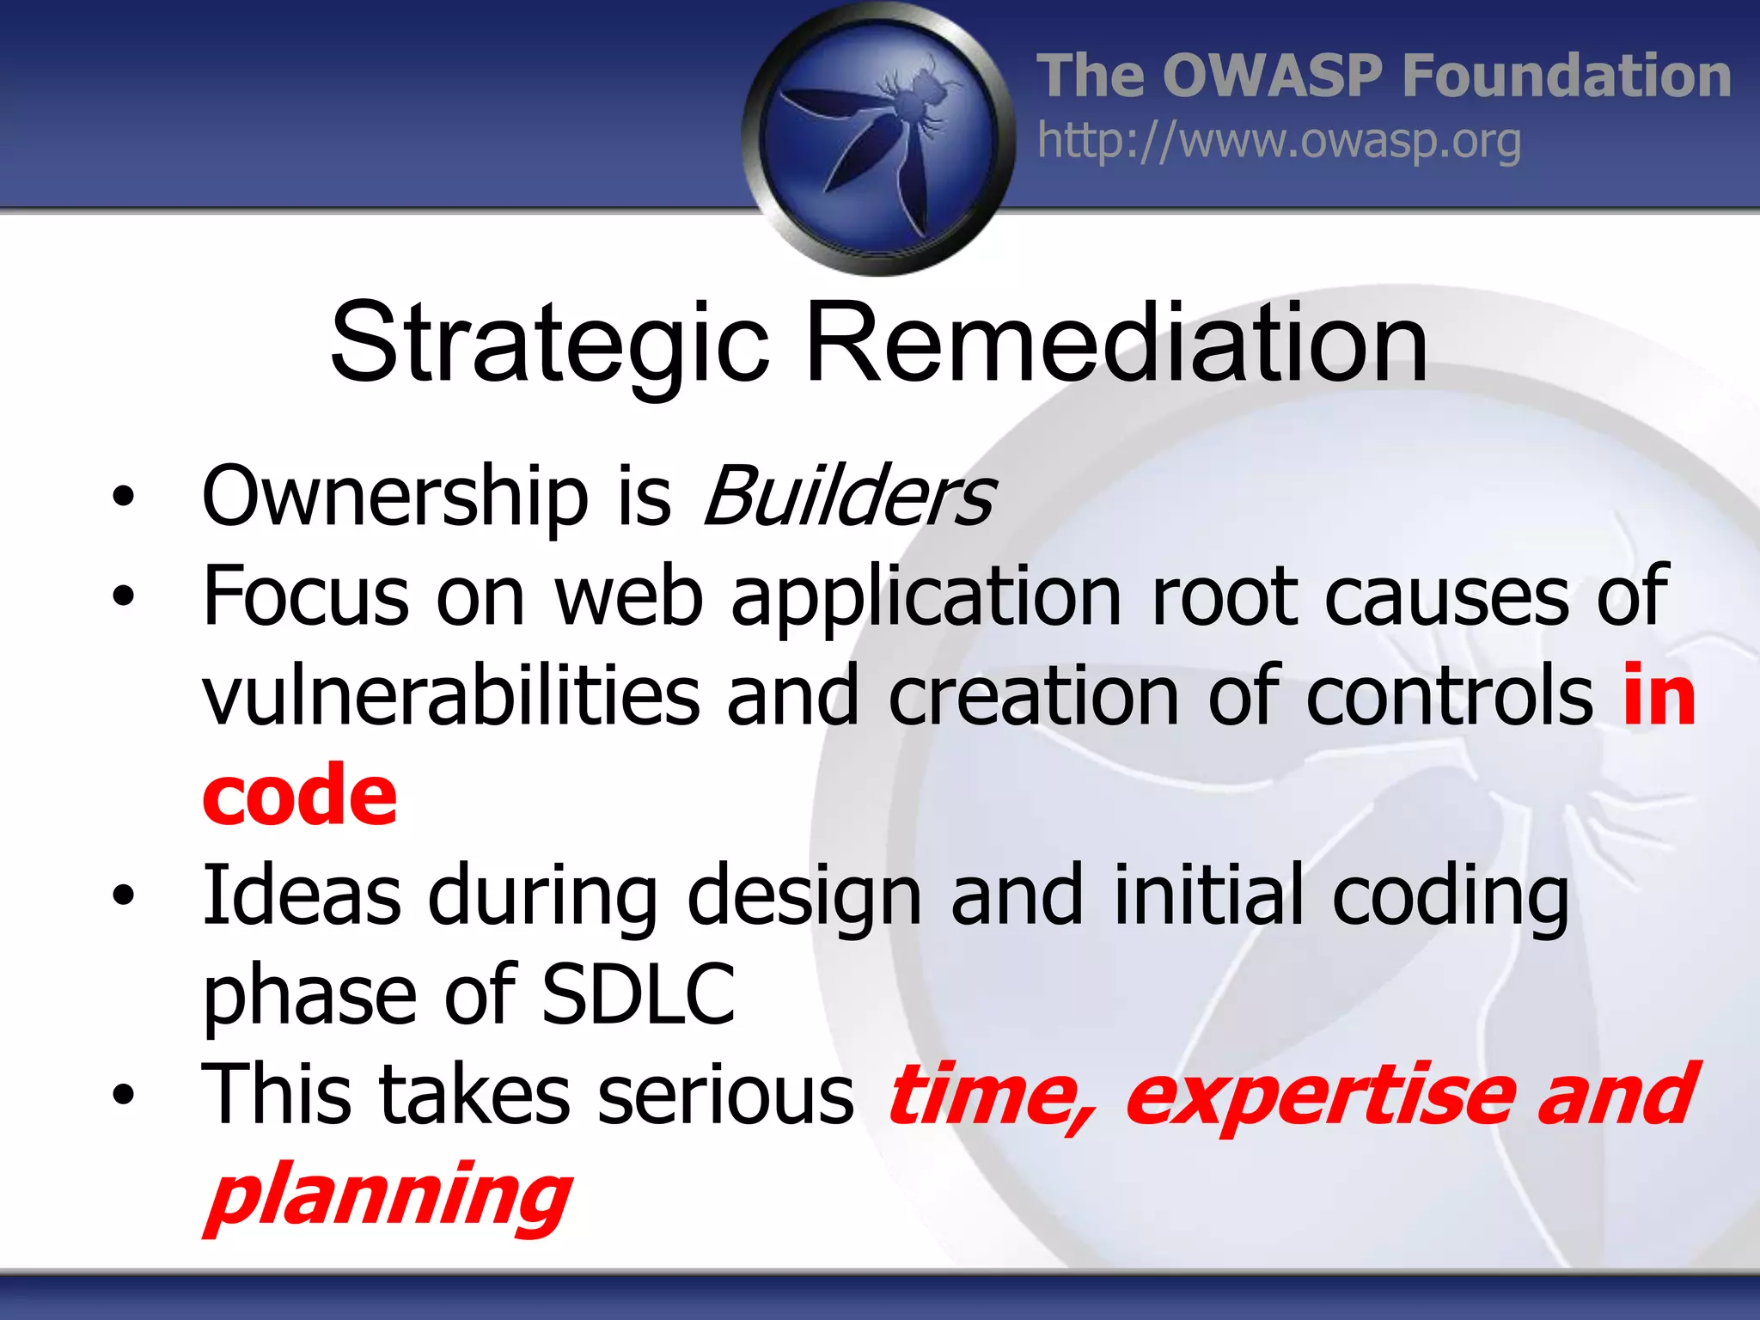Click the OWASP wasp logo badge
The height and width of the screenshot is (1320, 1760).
[878, 137]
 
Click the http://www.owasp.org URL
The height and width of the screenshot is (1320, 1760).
[1279, 142]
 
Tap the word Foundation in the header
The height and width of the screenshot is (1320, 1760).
[1566, 76]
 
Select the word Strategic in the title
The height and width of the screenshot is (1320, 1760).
[550, 344]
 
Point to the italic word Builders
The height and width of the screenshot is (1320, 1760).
[849, 497]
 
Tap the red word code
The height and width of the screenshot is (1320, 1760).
[300, 795]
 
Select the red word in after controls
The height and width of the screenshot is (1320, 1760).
[1659, 696]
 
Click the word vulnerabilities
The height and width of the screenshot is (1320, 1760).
[451, 696]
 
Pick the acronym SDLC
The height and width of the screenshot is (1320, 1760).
[639, 994]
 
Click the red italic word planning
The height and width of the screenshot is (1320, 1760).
[388, 1195]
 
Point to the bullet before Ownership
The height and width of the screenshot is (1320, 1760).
[124, 496]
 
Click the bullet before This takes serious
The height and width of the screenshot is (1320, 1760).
[124, 1095]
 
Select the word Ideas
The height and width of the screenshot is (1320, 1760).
[302, 895]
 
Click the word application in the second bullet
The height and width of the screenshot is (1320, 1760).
[926, 598]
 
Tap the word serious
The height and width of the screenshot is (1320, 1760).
[725, 1095]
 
